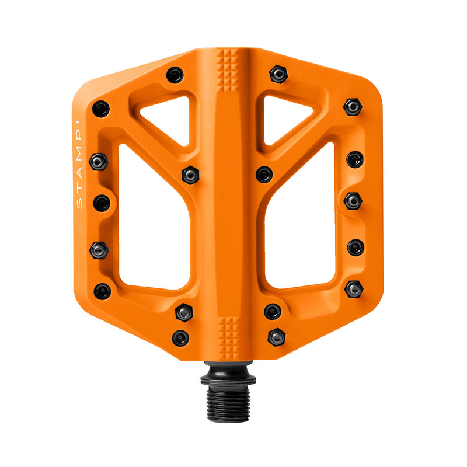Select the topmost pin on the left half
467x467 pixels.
(x=175, y=75)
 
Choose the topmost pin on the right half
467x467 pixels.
(x=278, y=74)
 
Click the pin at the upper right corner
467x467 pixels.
(x=353, y=107)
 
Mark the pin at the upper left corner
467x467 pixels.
(x=101, y=109)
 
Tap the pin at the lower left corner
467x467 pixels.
(x=102, y=291)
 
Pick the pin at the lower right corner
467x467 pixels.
(x=354, y=289)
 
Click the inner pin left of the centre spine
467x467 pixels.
(x=190, y=175)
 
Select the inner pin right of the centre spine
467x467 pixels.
(x=264, y=174)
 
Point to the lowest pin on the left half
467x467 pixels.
(x=180, y=338)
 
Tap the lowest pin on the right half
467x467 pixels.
(x=277, y=337)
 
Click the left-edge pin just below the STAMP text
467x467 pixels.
(x=102, y=203)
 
